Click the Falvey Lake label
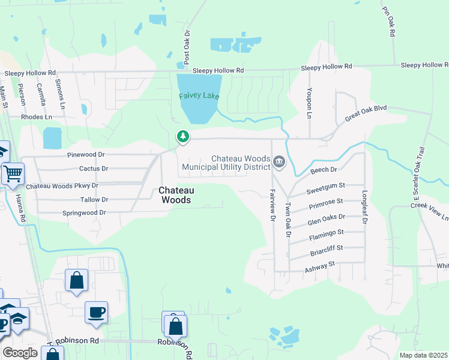[x=199, y=96]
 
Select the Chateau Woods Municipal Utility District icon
[x=279, y=161]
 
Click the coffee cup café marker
[x=96, y=313]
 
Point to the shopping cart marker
[x=13, y=174]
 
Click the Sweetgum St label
[x=326, y=190]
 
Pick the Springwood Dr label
[x=84, y=213]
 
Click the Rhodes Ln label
[x=37, y=118]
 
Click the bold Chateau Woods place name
[x=175, y=195]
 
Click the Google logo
[x=20, y=353]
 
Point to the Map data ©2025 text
[x=423, y=355]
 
